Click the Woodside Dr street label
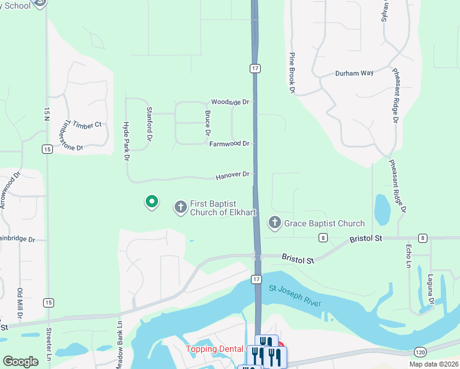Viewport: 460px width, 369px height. click(x=231, y=102)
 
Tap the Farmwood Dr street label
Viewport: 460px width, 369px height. click(x=229, y=144)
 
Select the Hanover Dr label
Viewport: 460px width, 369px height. click(x=232, y=175)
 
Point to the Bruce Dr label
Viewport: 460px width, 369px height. click(x=208, y=124)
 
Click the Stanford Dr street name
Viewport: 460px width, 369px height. click(x=149, y=122)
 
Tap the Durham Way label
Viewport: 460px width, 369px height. click(x=354, y=73)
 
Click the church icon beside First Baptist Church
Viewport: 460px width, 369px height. click(x=181, y=207)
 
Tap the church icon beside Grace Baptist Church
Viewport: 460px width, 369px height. click(x=275, y=223)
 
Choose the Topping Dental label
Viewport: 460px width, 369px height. click(x=215, y=349)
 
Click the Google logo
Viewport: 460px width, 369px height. click(x=20, y=362)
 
